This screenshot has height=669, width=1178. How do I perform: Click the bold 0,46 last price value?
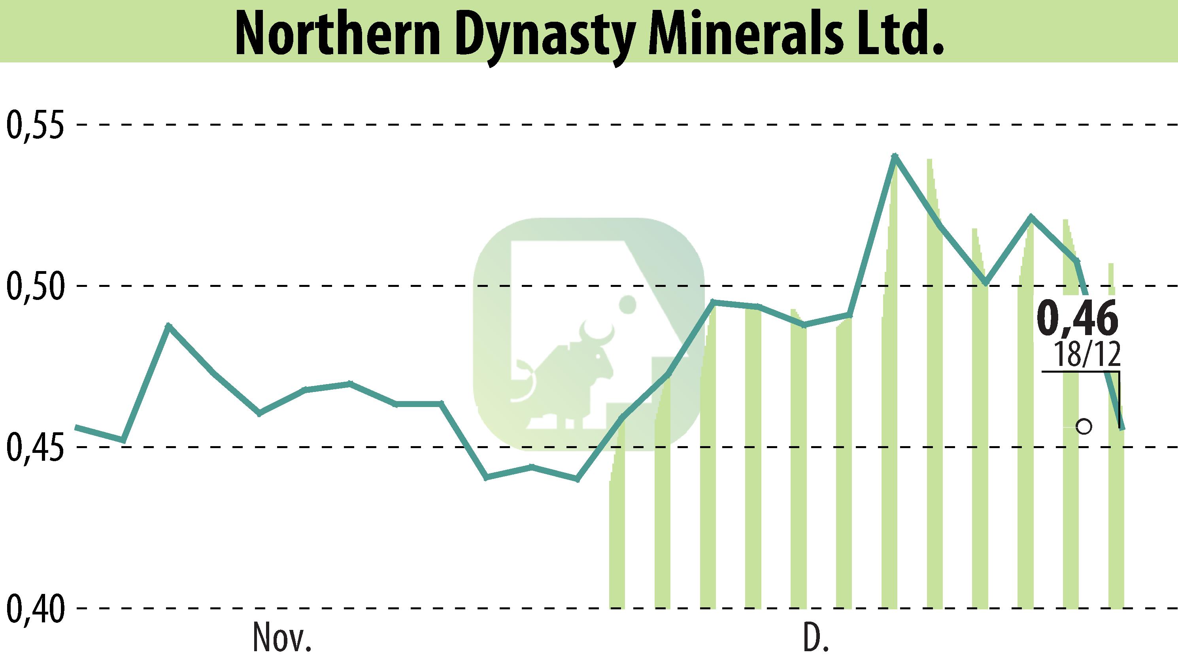pos(1076,318)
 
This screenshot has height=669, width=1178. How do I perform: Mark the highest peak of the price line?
pos(894,156)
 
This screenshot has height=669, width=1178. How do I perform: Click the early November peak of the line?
pos(169,325)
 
